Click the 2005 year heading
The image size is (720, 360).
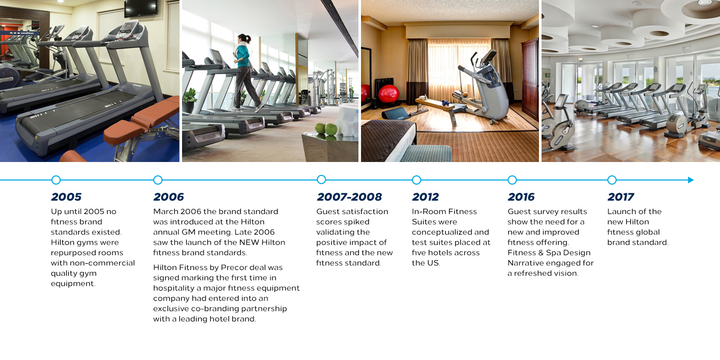pos(66,196)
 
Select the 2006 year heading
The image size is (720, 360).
pos(169,196)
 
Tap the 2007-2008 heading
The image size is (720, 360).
pos(349,196)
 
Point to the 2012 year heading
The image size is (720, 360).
pos(425,196)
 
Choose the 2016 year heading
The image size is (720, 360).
pos(521,196)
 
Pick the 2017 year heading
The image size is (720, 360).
pos(621,196)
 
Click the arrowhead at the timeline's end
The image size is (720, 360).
pos(691,180)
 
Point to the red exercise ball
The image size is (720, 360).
pos(389,94)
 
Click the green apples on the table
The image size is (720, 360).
pos(326,129)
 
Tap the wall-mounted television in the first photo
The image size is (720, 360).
pos(141,8)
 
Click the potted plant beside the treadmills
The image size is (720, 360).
pos(189,100)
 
